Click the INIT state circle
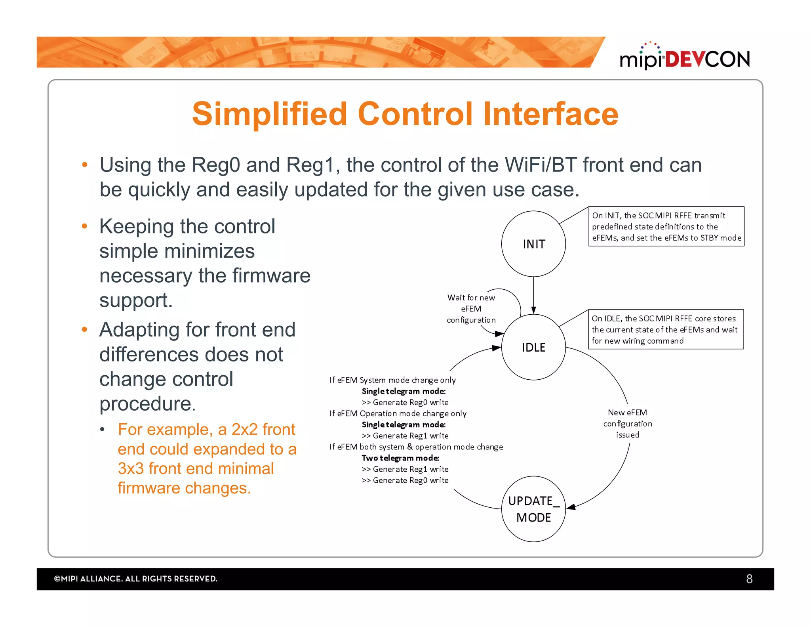click(533, 244)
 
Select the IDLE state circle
click(533, 347)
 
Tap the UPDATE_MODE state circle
click(533, 509)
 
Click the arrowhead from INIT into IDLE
click(533, 310)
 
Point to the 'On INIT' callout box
click(666, 226)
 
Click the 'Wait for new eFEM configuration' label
click(471, 308)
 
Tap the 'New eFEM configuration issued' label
click(627, 423)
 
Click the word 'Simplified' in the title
click(270, 114)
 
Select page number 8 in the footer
click(749, 579)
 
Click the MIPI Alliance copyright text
click(135, 579)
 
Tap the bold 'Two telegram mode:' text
click(400, 458)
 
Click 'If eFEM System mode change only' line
click(392, 380)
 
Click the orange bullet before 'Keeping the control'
click(84, 226)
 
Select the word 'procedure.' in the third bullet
click(147, 403)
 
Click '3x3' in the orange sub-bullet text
click(131, 468)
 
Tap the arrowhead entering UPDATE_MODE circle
click(571, 507)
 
